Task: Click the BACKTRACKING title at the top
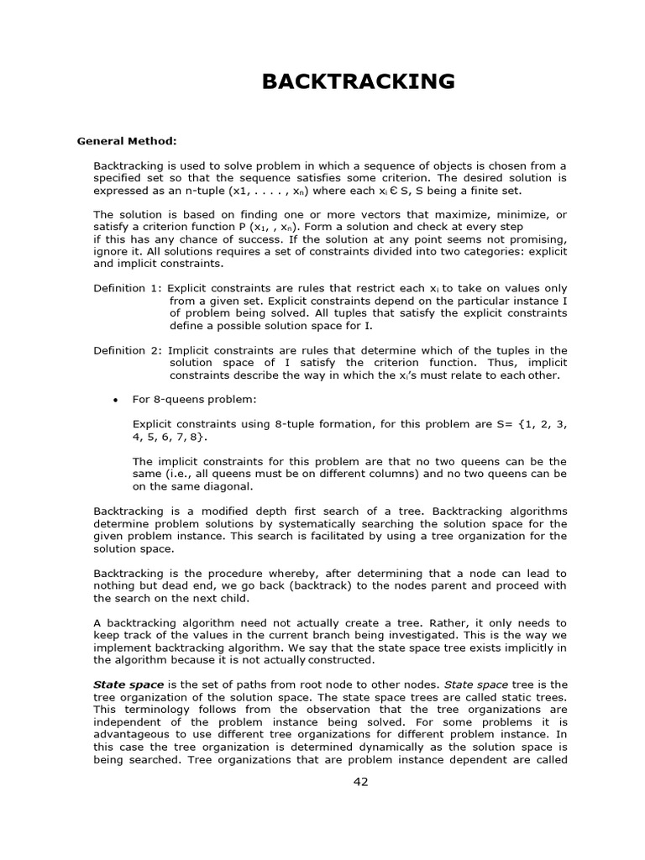359,81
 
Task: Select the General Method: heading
127,141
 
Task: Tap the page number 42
360,782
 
